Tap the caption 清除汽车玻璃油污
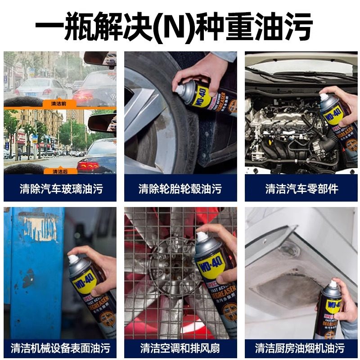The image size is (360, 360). pos(60,189)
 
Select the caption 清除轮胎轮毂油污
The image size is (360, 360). pos(180,189)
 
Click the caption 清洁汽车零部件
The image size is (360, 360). pos(301,189)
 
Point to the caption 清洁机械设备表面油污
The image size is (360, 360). pos(60,348)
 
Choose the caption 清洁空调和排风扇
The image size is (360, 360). pos(180,348)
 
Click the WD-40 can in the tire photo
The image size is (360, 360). pos(202,97)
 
